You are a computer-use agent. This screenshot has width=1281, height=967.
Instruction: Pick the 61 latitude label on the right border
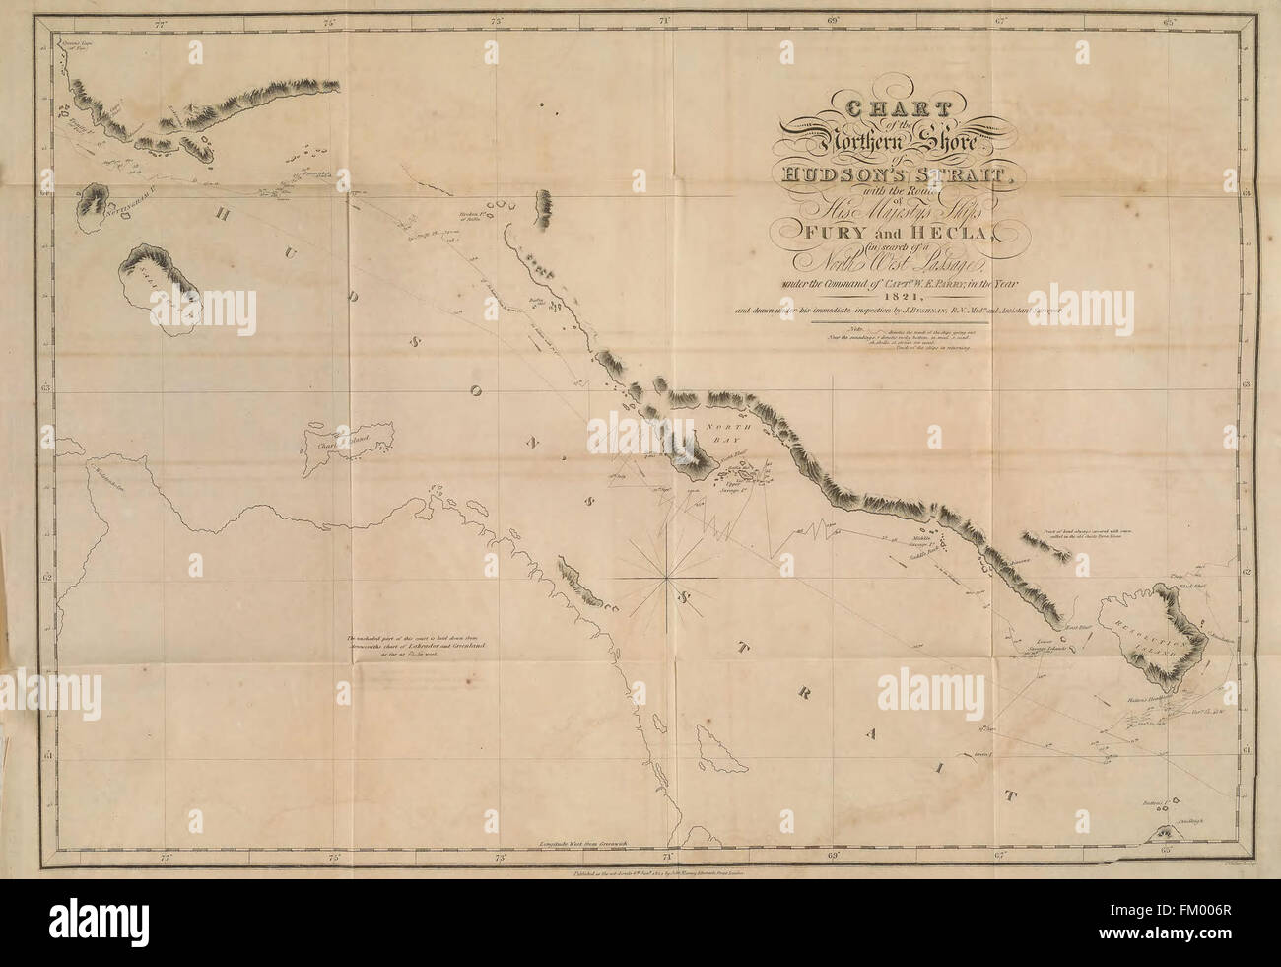(1246, 751)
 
